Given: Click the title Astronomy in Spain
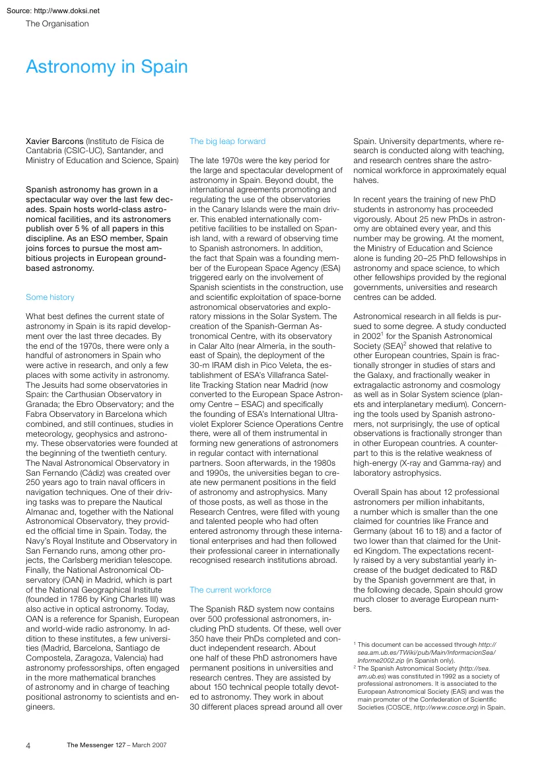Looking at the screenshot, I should point(106,67).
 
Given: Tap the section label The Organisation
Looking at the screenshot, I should point(57,24).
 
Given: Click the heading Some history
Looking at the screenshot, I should point(50,297).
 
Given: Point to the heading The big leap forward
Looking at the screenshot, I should point(227,141).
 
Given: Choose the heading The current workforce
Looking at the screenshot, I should point(230,589).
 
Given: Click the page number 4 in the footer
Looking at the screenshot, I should point(28,745).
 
